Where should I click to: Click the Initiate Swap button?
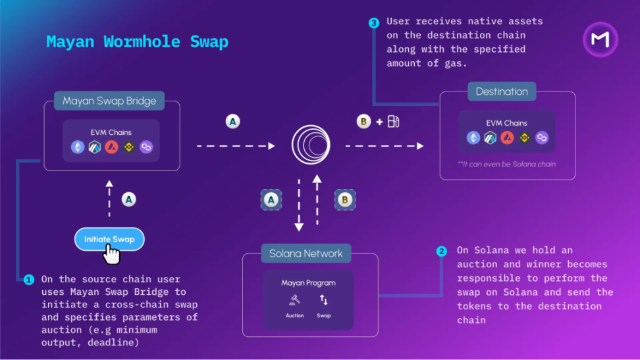click(x=109, y=239)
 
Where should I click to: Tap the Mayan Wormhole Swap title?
click(x=137, y=42)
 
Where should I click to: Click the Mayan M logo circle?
click(x=600, y=39)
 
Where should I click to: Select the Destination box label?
click(x=502, y=91)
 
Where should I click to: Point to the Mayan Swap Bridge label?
click(x=109, y=101)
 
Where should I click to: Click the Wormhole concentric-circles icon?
click(x=311, y=145)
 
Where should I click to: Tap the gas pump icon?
click(x=393, y=121)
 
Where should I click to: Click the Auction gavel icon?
click(x=294, y=301)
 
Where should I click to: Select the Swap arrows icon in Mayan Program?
click(x=324, y=300)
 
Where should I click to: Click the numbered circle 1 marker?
click(x=28, y=280)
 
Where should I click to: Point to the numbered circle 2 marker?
click(x=442, y=251)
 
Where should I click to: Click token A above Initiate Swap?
click(x=128, y=199)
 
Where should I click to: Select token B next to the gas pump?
click(x=363, y=121)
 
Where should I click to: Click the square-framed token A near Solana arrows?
click(x=271, y=199)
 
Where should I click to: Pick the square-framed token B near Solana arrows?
click(x=344, y=199)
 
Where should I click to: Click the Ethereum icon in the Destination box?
click(x=473, y=138)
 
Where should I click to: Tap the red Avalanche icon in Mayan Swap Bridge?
click(x=111, y=147)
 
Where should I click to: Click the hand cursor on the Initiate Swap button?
click(x=112, y=254)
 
